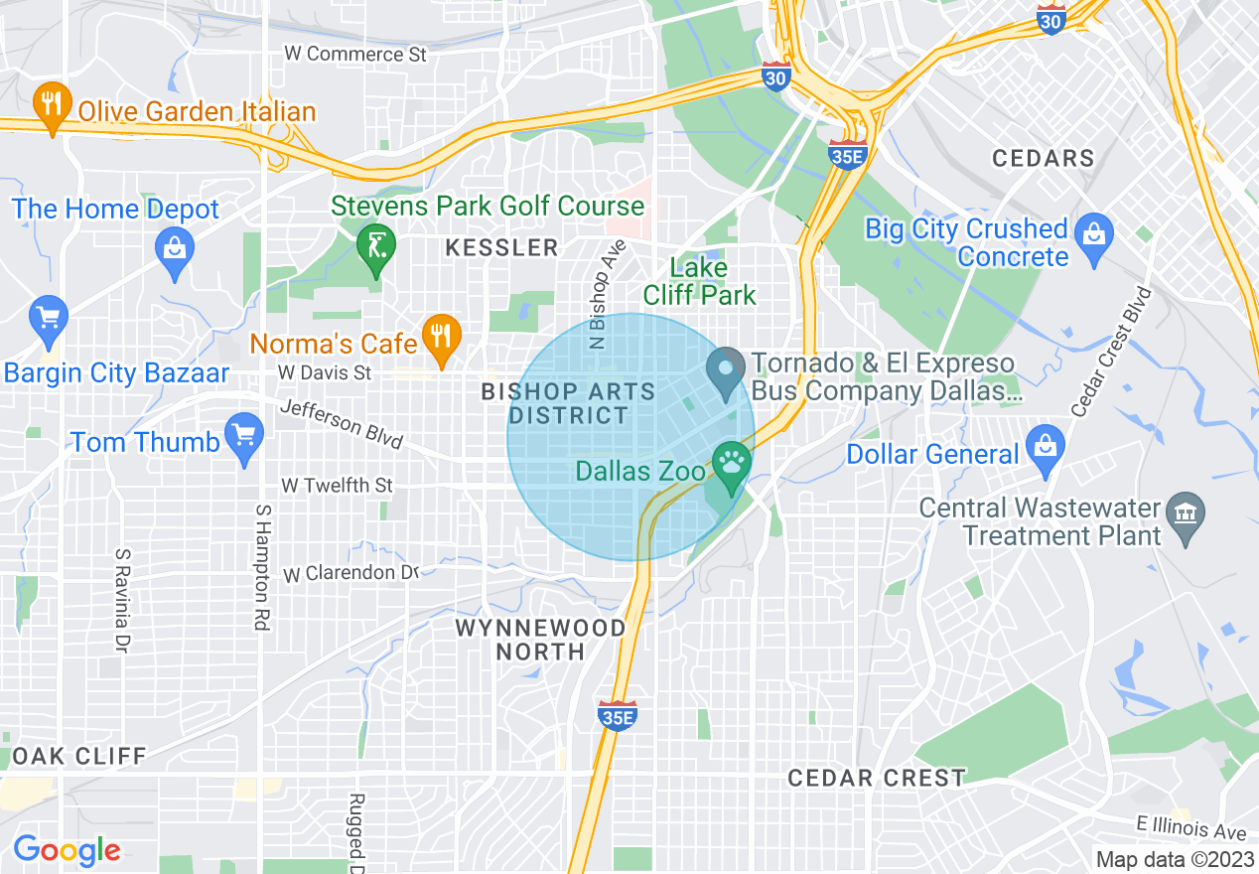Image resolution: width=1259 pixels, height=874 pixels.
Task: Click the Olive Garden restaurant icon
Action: (50, 107)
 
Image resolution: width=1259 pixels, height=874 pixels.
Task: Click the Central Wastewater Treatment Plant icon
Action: (1187, 517)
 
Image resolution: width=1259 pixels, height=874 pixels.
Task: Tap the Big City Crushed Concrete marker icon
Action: (1094, 237)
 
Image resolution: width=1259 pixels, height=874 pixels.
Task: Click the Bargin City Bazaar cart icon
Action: (49, 320)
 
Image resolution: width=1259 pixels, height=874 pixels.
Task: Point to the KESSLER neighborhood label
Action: (502, 247)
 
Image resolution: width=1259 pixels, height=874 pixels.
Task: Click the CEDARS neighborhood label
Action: (1044, 158)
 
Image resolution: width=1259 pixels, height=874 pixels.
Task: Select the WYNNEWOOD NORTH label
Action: (541, 640)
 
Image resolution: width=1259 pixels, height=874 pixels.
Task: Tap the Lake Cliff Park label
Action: (699, 281)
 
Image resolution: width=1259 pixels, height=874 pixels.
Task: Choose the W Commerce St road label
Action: (354, 54)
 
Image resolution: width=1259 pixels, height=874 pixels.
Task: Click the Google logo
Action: (67, 850)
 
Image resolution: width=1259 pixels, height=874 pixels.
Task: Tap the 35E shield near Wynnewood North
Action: (617, 715)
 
